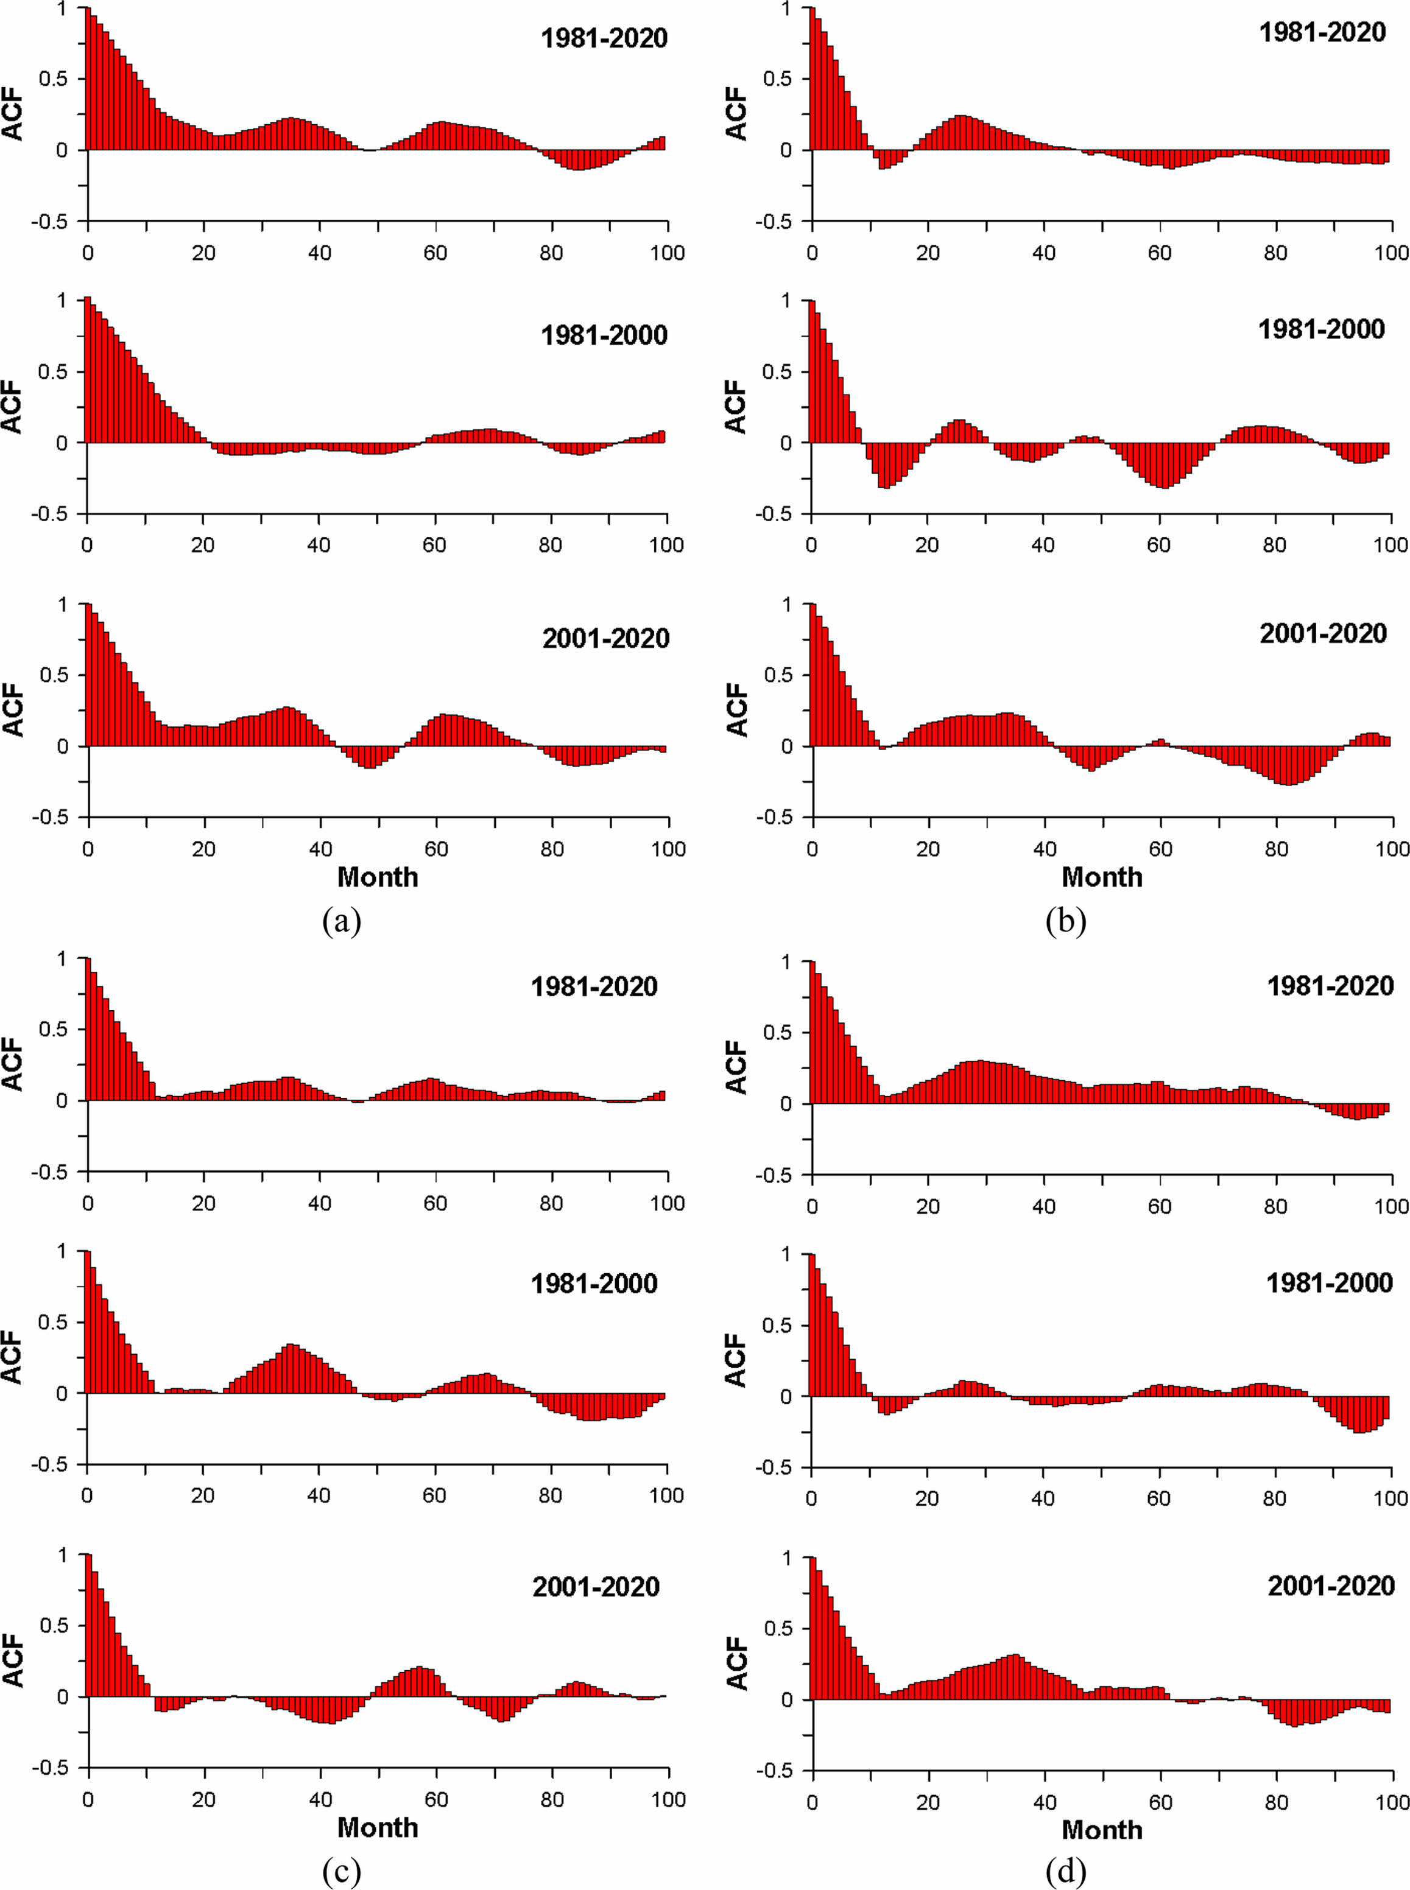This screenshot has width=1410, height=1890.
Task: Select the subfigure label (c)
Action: point(342,1872)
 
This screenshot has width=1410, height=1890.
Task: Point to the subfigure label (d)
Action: point(1066,1872)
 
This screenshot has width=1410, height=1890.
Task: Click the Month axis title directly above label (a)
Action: point(377,877)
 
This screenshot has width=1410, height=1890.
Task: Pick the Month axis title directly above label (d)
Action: point(1102,1830)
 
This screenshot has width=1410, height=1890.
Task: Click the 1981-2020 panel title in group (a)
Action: point(604,38)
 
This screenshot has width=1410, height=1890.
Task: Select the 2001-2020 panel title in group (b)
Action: point(1323,633)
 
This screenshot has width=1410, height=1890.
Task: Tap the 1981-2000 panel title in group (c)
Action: point(594,1284)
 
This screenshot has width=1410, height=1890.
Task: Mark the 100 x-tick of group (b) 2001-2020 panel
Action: point(1392,849)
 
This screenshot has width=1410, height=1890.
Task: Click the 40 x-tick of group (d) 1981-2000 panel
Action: point(1043,1498)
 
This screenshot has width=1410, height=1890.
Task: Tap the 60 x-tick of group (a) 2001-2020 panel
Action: point(436,849)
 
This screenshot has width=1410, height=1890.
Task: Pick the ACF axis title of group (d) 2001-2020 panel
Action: point(736,1663)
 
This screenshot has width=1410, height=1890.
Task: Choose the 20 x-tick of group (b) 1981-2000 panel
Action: point(927,545)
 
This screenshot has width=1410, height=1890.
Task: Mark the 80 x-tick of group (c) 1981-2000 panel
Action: point(551,1496)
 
